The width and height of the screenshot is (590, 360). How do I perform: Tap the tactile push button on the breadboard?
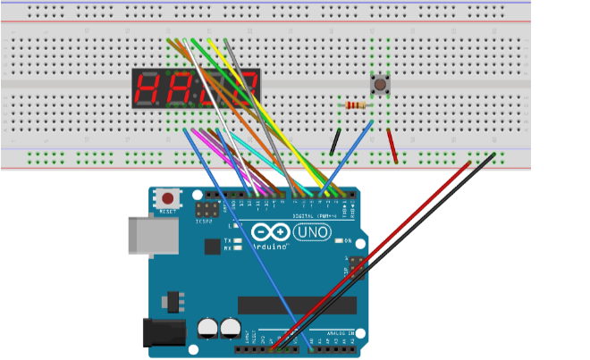[x=380, y=86]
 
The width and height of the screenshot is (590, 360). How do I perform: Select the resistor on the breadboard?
[x=355, y=106]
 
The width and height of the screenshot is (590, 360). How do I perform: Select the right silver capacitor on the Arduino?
[x=231, y=326]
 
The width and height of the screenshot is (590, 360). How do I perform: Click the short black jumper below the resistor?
[x=334, y=141]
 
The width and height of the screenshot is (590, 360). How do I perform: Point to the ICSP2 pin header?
[x=206, y=212]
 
